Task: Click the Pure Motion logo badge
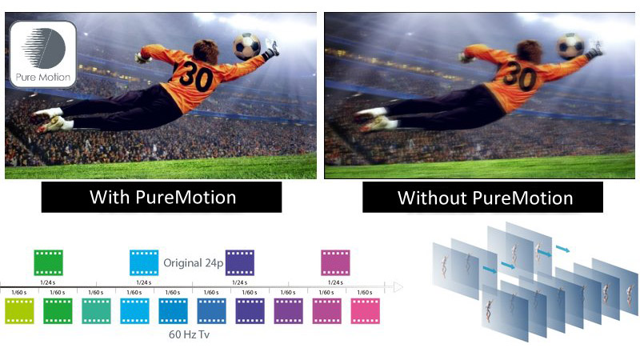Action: pos(42,54)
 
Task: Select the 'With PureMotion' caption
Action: pos(162,198)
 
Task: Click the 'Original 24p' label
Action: pos(192,262)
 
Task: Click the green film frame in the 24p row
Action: pos(48,262)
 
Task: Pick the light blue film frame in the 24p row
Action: pos(144,262)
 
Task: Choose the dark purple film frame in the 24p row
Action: pos(240,262)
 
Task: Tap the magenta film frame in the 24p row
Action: pos(335,262)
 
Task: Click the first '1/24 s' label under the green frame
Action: pos(48,282)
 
